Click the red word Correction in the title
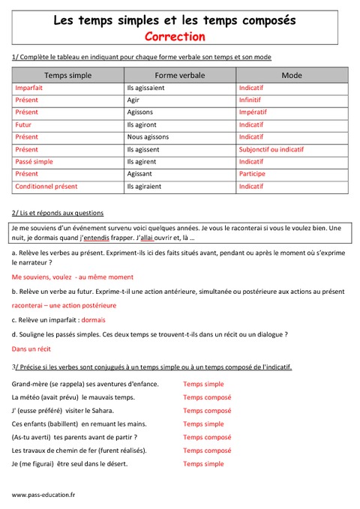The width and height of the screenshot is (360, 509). click(x=179, y=36)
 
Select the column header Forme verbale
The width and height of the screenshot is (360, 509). click(x=180, y=75)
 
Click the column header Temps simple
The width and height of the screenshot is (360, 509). click(x=67, y=75)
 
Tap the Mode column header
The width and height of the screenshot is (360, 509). click(x=292, y=75)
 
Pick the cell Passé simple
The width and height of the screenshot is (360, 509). click(x=34, y=161)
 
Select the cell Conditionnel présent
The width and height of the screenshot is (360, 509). click(x=46, y=186)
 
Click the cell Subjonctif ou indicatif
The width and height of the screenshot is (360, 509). click(x=271, y=149)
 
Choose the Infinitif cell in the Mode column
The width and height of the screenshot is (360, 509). click(x=250, y=100)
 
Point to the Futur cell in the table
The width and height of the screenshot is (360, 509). click(x=23, y=124)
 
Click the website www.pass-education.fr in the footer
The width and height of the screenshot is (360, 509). click(x=43, y=496)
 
